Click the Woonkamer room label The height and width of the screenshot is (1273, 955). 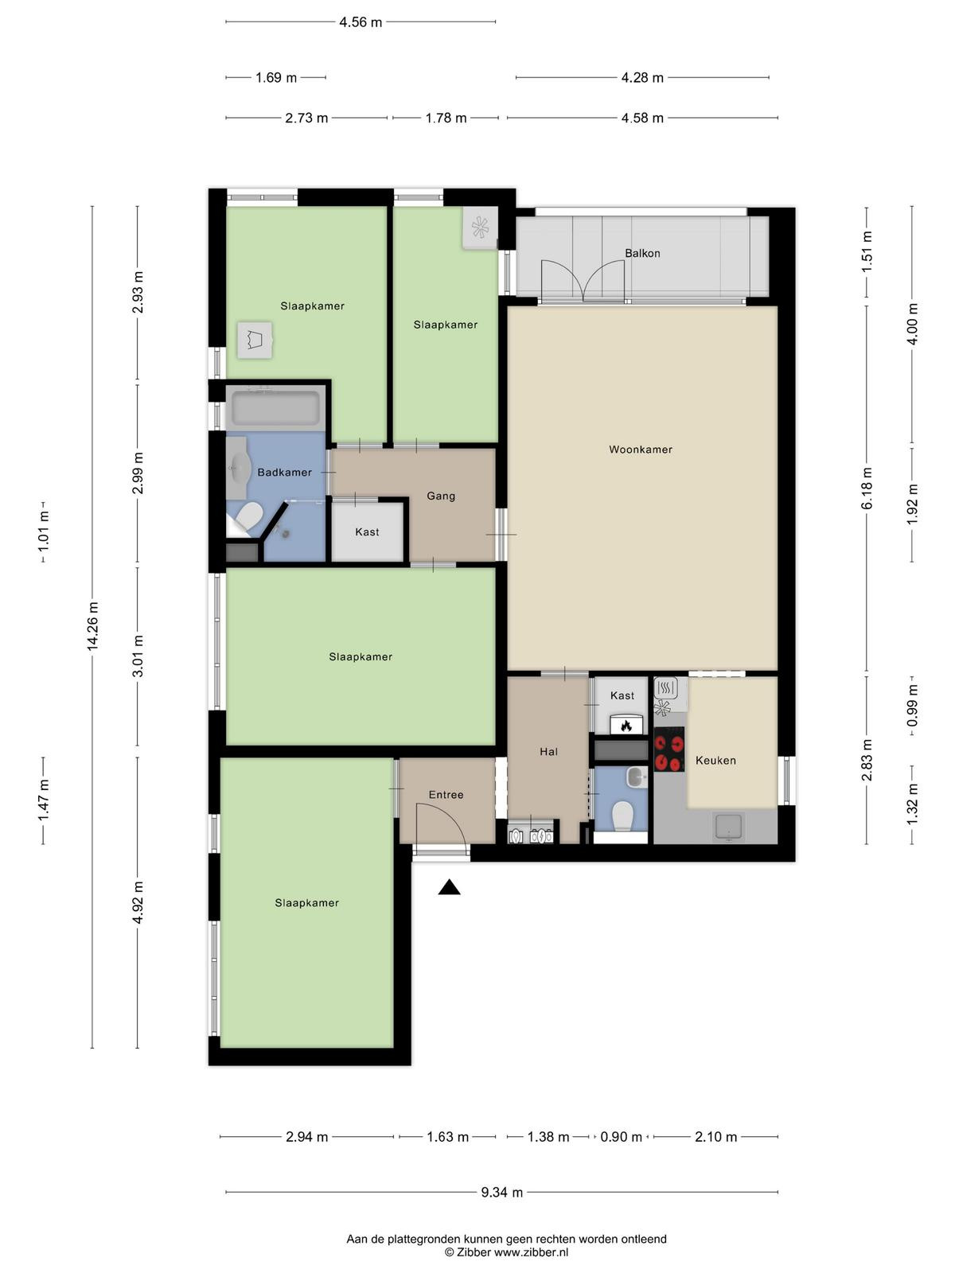pyautogui.click(x=640, y=450)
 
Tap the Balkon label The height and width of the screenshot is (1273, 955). pyautogui.click(x=642, y=254)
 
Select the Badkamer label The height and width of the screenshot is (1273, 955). pyautogui.click(x=284, y=473)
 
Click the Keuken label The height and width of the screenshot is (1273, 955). pyautogui.click(x=715, y=761)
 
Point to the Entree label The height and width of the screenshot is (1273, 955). pyautogui.click(x=446, y=795)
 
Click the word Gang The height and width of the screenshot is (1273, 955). pyautogui.click(x=441, y=496)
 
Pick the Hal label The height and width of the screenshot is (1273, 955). pyautogui.click(x=548, y=752)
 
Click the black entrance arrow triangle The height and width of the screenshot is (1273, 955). pyautogui.click(x=449, y=887)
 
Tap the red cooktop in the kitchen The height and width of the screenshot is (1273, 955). pyautogui.click(x=669, y=749)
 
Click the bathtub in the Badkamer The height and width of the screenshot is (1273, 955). pyautogui.click(x=275, y=407)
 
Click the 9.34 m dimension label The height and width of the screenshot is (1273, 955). pyautogui.click(x=501, y=1192)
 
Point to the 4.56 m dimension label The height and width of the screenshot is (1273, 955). pyautogui.click(x=361, y=22)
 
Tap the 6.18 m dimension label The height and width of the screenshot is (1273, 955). pyautogui.click(x=867, y=489)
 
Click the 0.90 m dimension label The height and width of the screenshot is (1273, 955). pyautogui.click(x=621, y=1137)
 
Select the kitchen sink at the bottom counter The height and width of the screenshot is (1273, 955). pyautogui.click(x=729, y=827)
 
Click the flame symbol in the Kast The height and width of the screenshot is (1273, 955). pyautogui.click(x=626, y=725)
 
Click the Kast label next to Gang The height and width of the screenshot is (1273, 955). pyautogui.click(x=367, y=531)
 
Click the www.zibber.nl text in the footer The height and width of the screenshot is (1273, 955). pyautogui.click(x=531, y=1252)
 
